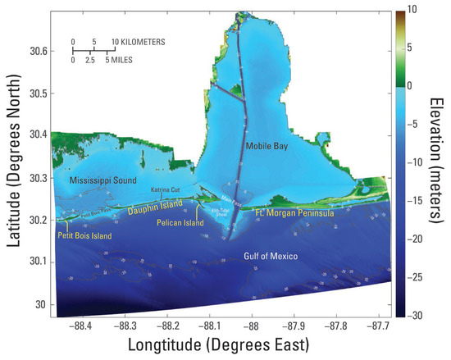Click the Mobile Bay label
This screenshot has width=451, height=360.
pyautogui.click(x=264, y=145)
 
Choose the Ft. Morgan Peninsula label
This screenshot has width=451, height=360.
pyautogui.click(x=293, y=213)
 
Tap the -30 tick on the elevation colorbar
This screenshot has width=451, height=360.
pyautogui.click(x=417, y=315)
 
